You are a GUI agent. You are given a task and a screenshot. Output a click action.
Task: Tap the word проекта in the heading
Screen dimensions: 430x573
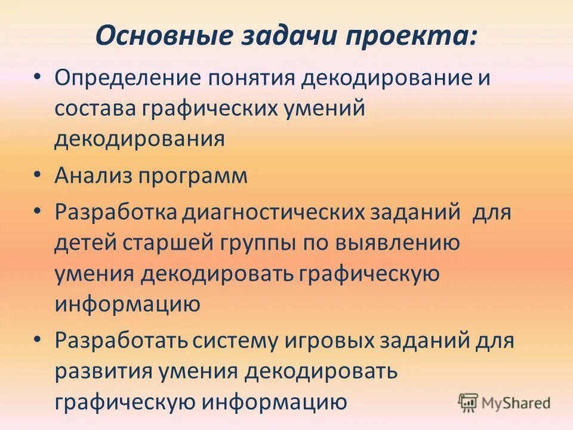409,36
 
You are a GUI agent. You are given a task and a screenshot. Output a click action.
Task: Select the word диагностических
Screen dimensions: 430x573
274,213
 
